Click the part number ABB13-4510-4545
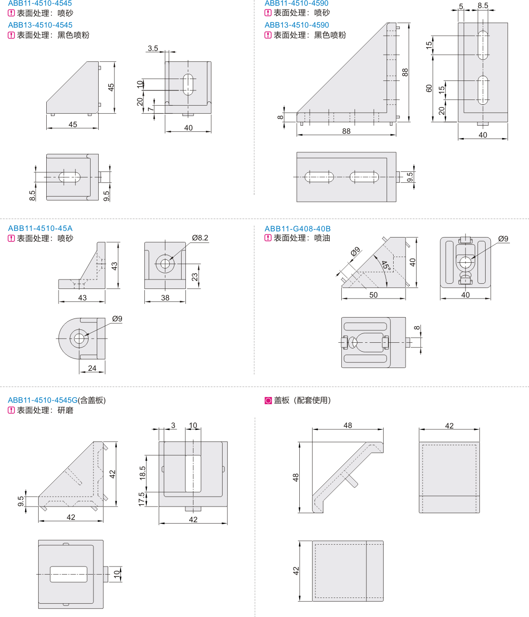41,25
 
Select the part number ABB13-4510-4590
296,25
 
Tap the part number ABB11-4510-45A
41,229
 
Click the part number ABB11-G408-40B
297,229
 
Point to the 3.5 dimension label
153,49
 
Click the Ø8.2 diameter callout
200,238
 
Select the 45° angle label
386,265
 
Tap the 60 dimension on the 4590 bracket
429,89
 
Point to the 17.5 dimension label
142,499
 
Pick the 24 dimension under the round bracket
92,368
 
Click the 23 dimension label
195,277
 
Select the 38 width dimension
165,298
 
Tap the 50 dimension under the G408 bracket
373,295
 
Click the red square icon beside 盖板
268,401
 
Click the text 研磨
65,410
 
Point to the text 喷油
322,238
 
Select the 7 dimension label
151,109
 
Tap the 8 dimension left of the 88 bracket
281,117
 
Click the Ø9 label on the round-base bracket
117,319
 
